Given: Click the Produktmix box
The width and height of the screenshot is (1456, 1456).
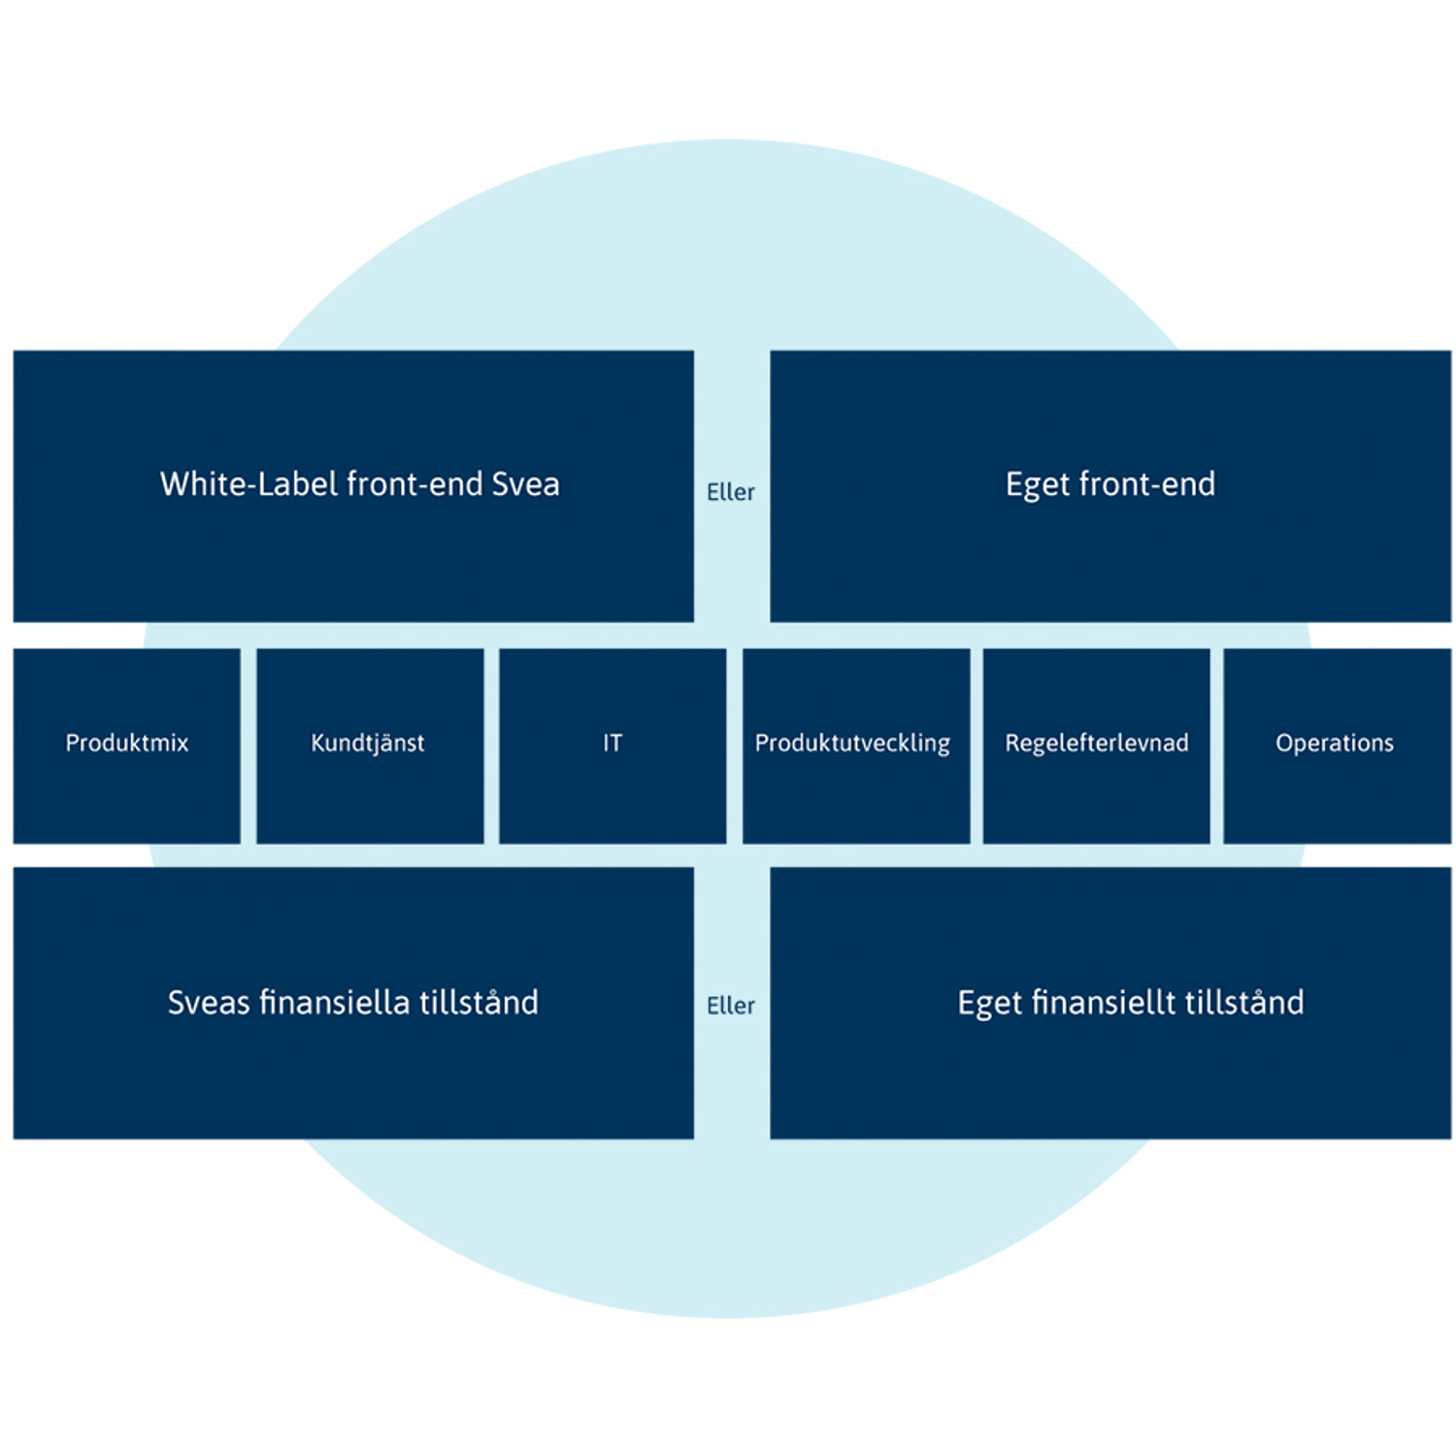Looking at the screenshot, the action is pyautogui.click(x=127, y=745).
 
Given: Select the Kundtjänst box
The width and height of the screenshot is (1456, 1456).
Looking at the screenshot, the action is pyautogui.click(x=370, y=745).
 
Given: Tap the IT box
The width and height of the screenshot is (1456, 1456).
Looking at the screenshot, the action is pyautogui.click(x=612, y=745).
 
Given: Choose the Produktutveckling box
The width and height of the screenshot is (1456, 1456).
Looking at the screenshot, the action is pyautogui.click(x=856, y=745).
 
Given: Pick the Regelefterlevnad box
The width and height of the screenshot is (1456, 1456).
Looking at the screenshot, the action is pyautogui.click(x=1097, y=745).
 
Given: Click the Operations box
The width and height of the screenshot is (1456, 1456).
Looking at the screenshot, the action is pyautogui.click(x=1338, y=745).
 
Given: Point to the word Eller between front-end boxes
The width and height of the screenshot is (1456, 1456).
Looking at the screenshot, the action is pyautogui.click(x=731, y=492).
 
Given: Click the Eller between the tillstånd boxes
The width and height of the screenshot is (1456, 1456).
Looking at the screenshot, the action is pyautogui.click(x=731, y=1006).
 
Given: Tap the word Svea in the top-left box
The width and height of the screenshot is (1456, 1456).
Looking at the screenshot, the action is pyautogui.click(x=525, y=483).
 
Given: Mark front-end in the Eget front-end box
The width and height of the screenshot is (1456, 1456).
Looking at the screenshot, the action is pyautogui.click(x=1147, y=483).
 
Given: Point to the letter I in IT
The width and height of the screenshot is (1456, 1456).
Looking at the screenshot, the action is pyautogui.click(x=606, y=743).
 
